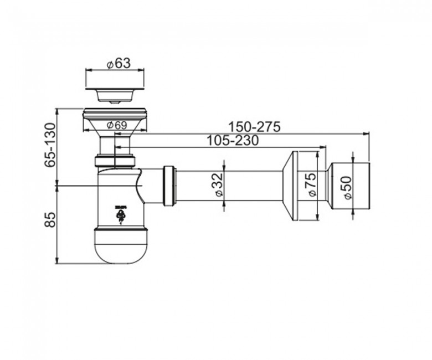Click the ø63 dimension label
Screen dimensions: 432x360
(x=119, y=63)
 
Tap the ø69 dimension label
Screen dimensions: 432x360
(x=117, y=125)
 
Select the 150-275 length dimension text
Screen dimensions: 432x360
(x=254, y=127)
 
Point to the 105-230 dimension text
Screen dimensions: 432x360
(x=233, y=141)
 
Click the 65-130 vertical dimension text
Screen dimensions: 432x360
(x=50, y=145)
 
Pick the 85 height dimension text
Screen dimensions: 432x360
(x=50, y=219)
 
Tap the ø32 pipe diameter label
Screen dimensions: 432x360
(x=218, y=185)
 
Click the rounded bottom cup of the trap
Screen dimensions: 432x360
(x=121, y=246)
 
